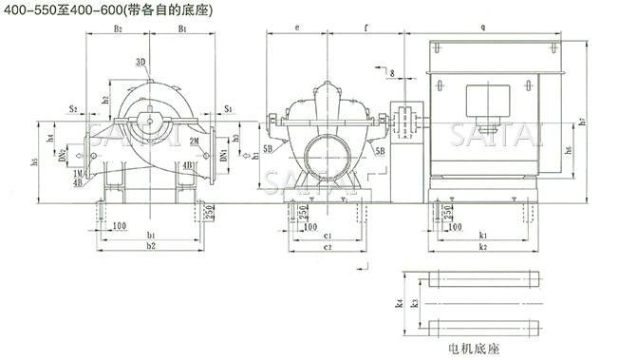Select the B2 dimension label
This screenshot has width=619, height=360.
tap(118, 30)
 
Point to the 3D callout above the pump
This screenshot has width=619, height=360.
tap(141, 62)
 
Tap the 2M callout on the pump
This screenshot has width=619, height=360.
tap(194, 141)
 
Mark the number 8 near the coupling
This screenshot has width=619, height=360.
tap(389, 72)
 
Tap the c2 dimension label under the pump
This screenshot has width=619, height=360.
tap(326, 246)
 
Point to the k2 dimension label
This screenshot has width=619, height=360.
tap(482, 246)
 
